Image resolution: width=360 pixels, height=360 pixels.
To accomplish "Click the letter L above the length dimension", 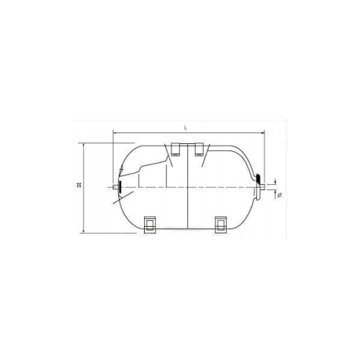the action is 185,128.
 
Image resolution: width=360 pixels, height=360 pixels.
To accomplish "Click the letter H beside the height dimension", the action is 78,185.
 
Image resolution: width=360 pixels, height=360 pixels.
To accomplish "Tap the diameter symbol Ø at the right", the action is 279,196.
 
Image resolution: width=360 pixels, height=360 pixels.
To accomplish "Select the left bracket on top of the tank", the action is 176,150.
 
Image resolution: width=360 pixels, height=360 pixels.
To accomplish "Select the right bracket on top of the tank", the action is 199,150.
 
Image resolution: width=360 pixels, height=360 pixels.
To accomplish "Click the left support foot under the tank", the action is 150,225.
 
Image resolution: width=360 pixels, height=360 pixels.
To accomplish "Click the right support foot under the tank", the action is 221,225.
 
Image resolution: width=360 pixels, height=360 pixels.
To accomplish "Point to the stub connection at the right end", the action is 262,187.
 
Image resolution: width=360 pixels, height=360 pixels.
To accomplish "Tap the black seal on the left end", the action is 119,186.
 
